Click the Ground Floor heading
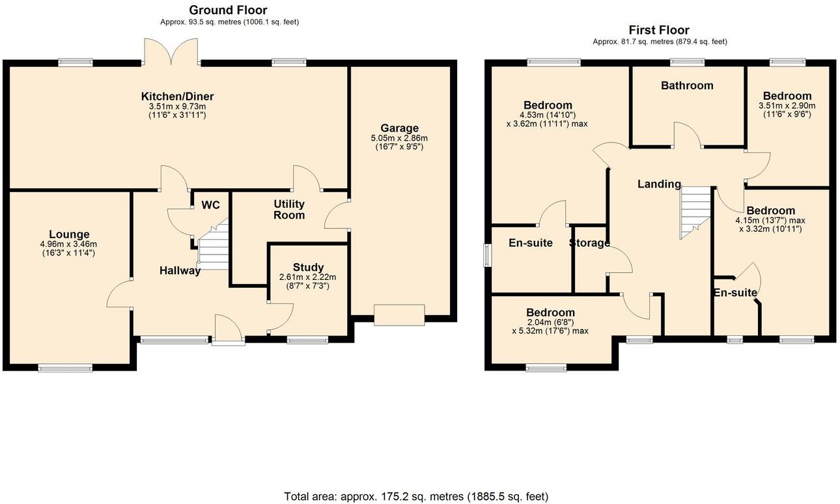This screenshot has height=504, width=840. click(228, 10)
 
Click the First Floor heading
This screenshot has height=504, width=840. click(658, 30)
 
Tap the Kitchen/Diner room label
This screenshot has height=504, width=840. click(177, 96)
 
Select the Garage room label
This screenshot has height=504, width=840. click(400, 128)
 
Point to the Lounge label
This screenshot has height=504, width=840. click(69, 234)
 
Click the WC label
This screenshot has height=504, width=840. click(210, 205)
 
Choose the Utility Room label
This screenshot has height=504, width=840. click(289, 210)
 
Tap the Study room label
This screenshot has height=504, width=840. click(307, 267)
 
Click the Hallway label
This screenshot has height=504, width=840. click(180, 270)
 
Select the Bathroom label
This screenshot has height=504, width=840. click(687, 85)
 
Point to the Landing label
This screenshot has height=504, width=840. click(659, 184)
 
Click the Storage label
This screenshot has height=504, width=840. click(589, 243)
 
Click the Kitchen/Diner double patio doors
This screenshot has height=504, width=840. click(171, 51)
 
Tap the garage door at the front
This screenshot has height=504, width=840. click(399, 315)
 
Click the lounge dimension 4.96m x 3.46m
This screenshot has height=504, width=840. click(68, 244)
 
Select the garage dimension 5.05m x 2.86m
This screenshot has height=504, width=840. click(399, 138)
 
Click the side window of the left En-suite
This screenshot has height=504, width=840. click(488, 255)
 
